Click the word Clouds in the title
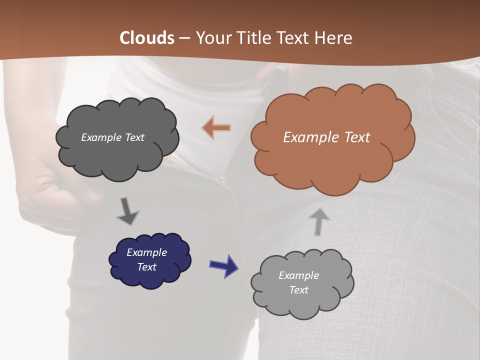pyautogui.click(x=147, y=38)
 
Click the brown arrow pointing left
pyautogui.click(x=216, y=128)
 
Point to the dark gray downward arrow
pyautogui.click(x=127, y=211)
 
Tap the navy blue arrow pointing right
pyautogui.click(x=223, y=265)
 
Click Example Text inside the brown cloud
pyautogui.click(x=326, y=137)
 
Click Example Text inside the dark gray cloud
pyautogui.click(x=112, y=137)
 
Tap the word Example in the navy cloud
pyautogui.click(x=146, y=252)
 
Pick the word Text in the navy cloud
pyautogui.click(x=146, y=267)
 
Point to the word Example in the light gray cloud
pyautogui.click(x=298, y=275)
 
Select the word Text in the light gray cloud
pyautogui.click(x=298, y=290)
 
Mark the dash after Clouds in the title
pyautogui.click(x=183, y=38)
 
